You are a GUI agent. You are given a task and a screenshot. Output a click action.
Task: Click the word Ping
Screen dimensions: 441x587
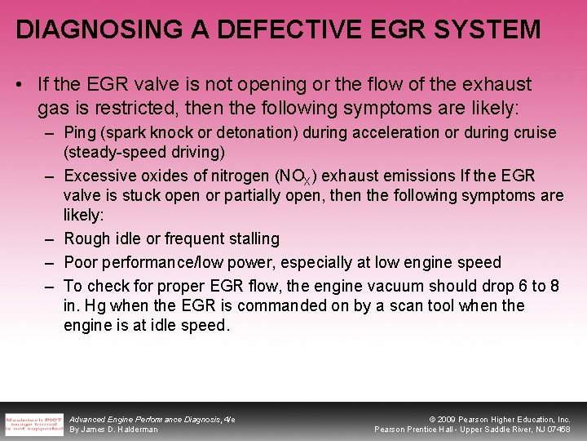(79, 132)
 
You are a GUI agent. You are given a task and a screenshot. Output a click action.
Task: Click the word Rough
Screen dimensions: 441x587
(86, 239)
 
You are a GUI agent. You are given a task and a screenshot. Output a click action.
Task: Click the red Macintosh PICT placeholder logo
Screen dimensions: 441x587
(34, 424)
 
